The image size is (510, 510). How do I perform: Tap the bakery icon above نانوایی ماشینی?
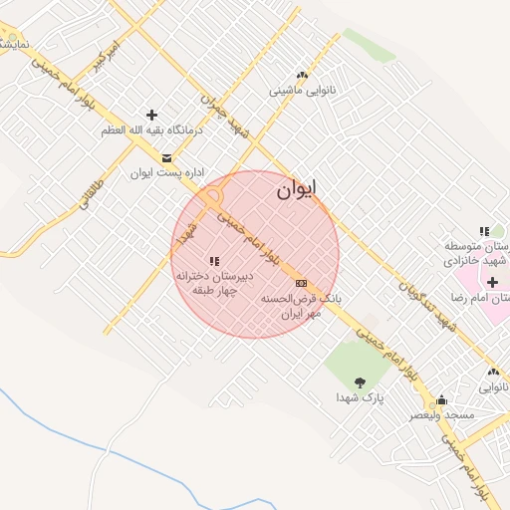[302, 76]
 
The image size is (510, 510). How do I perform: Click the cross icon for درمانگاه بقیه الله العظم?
[151, 116]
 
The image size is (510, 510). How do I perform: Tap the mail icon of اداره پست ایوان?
[165, 157]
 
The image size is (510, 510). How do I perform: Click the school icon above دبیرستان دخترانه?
[214, 261]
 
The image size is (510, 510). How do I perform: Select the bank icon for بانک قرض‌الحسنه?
[301, 284]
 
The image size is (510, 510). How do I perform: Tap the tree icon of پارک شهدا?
[360, 382]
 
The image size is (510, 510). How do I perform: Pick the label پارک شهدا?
[360, 397]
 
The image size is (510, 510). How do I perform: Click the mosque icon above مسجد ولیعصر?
[441, 399]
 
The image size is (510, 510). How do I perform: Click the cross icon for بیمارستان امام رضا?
[492, 283]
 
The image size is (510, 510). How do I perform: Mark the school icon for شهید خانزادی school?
[484, 231]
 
